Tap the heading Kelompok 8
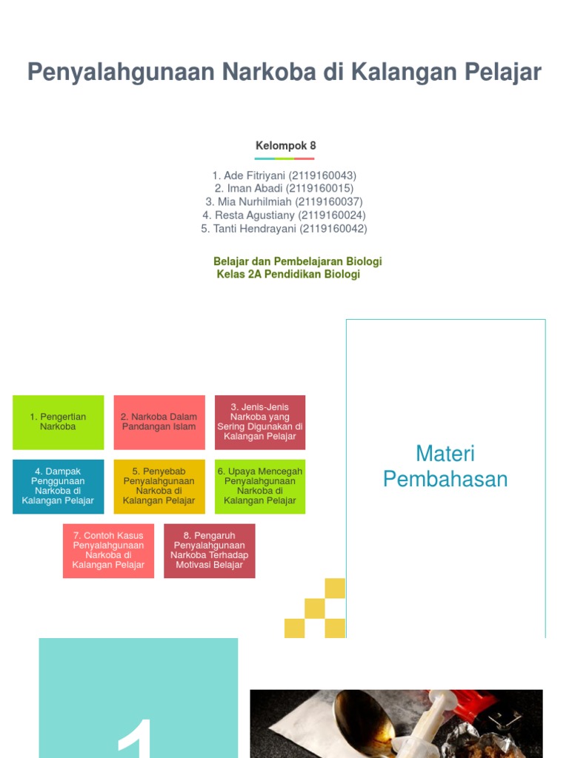click(x=285, y=146)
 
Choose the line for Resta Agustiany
click(x=284, y=215)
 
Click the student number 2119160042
click(x=333, y=229)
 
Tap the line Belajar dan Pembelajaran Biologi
click(x=297, y=261)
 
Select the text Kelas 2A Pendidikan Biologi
click(x=288, y=275)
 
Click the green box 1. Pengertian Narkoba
click(x=58, y=422)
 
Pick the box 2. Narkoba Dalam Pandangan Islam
click(x=159, y=422)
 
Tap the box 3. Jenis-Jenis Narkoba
click(x=259, y=422)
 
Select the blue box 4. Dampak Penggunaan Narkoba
click(x=58, y=486)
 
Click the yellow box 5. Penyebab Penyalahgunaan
click(x=159, y=486)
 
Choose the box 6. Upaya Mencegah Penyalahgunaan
click(x=259, y=486)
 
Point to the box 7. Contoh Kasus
click(x=108, y=551)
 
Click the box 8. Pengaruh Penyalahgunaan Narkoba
click(x=209, y=551)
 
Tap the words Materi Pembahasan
click(x=445, y=466)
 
